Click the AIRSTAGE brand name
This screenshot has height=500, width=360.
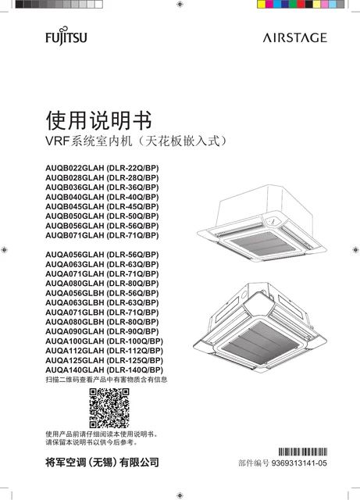[295, 37]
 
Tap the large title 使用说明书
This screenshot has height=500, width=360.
[99, 120]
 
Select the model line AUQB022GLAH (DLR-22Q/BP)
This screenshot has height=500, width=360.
[102, 168]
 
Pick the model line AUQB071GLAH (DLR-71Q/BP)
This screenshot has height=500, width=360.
[102, 235]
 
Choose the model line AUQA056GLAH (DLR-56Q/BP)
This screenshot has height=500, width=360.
[102, 255]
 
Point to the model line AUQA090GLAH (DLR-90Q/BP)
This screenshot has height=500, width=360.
[102, 331]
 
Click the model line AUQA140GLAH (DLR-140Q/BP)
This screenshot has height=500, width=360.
[105, 370]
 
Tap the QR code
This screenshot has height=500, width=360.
[109, 408]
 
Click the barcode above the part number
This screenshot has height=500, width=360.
[303, 452]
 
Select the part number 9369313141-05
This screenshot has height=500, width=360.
[299, 463]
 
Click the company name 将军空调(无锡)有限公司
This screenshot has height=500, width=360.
[102, 462]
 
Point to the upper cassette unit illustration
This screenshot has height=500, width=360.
[262, 223]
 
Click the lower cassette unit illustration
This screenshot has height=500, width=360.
[260, 327]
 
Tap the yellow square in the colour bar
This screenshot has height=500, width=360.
[261, 4]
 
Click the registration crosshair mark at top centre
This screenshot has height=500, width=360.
[180, 4]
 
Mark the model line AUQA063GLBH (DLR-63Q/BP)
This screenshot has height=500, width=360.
[102, 302]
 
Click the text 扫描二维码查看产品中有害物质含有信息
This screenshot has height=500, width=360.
[106, 380]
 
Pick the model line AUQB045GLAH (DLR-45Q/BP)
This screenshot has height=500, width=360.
[102, 206]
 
